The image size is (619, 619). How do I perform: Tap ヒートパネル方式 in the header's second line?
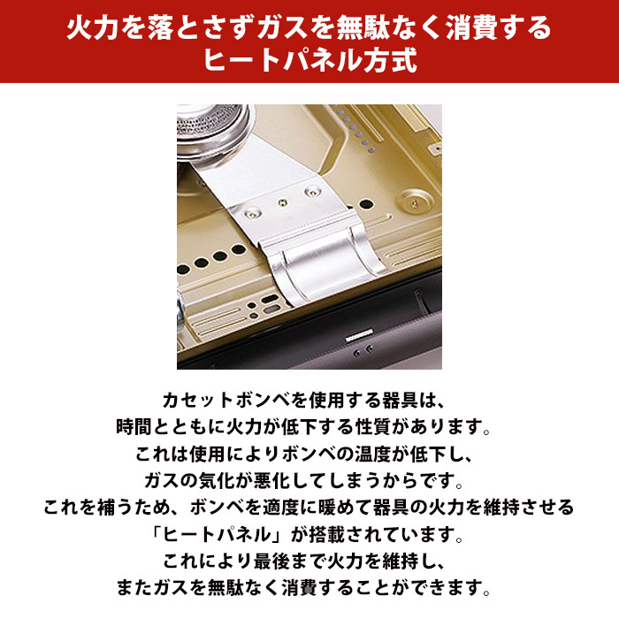pyautogui.click(x=309, y=62)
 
